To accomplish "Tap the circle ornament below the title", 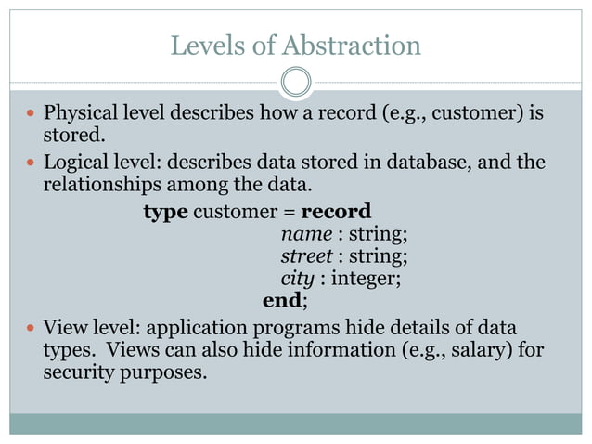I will (x=295, y=83).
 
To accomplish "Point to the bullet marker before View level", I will (x=32, y=328).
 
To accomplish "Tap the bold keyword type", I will (x=165, y=211).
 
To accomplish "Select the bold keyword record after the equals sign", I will (x=336, y=211).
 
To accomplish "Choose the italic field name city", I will (x=297, y=278).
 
